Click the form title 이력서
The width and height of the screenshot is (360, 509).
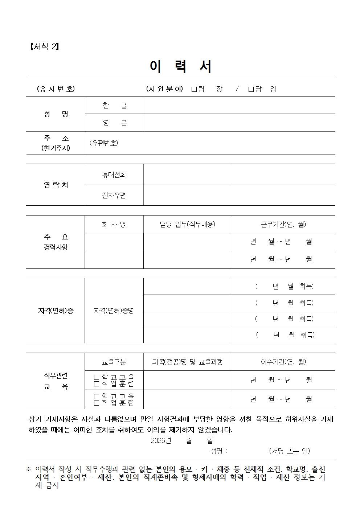click(x=180, y=67)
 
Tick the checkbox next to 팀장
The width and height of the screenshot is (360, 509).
click(x=194, y=89)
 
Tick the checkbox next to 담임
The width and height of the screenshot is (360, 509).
click(x=251, y=89)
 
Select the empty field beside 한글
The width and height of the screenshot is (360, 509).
click(x=240, y=105)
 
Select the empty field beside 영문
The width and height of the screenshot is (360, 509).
click(x=240, y=123)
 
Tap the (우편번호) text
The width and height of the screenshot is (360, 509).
click(x=104, y=143)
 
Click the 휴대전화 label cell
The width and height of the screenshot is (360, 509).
click(x=114, y=175)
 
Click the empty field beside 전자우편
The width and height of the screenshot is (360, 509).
click(x=239, y=195)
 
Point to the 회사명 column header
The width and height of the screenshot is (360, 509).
click(x=114, y=224)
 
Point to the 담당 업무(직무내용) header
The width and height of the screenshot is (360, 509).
click(x=188, y=224)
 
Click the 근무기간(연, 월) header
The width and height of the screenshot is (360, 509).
click(x=283, y=224)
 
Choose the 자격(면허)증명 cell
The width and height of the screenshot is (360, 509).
click(x=114, y=311)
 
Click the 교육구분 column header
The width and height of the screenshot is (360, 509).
click(x=114, y=362)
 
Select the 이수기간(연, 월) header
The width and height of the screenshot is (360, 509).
click(x=283, y=362)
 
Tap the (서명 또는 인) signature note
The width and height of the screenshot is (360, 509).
click(x=289, y=451)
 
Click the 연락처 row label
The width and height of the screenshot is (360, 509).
click(x=56, y=185)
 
